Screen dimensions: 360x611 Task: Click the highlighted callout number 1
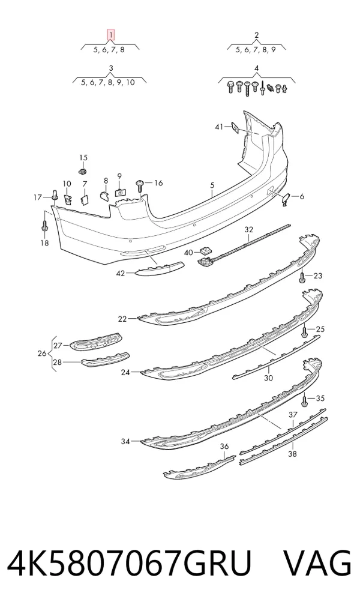[111, 35]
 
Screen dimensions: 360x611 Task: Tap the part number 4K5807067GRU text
[130, 563]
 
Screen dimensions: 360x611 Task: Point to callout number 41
[219, 127]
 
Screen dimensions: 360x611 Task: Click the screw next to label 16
[139, 186]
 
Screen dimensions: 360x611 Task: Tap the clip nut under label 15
[82, 171]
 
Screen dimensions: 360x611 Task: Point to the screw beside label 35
[305, 400]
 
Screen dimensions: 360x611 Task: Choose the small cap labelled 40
[204, 251]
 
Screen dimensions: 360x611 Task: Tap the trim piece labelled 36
[199, 467]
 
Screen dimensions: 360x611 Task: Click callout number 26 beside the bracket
[42, 354]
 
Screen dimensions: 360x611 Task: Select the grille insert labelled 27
[96, 341]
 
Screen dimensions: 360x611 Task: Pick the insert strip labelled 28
[106, 359]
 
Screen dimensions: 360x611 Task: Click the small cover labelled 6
[286, 199]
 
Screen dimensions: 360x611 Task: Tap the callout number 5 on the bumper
[212, 185]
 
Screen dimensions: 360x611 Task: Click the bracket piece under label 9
[120, 191]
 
